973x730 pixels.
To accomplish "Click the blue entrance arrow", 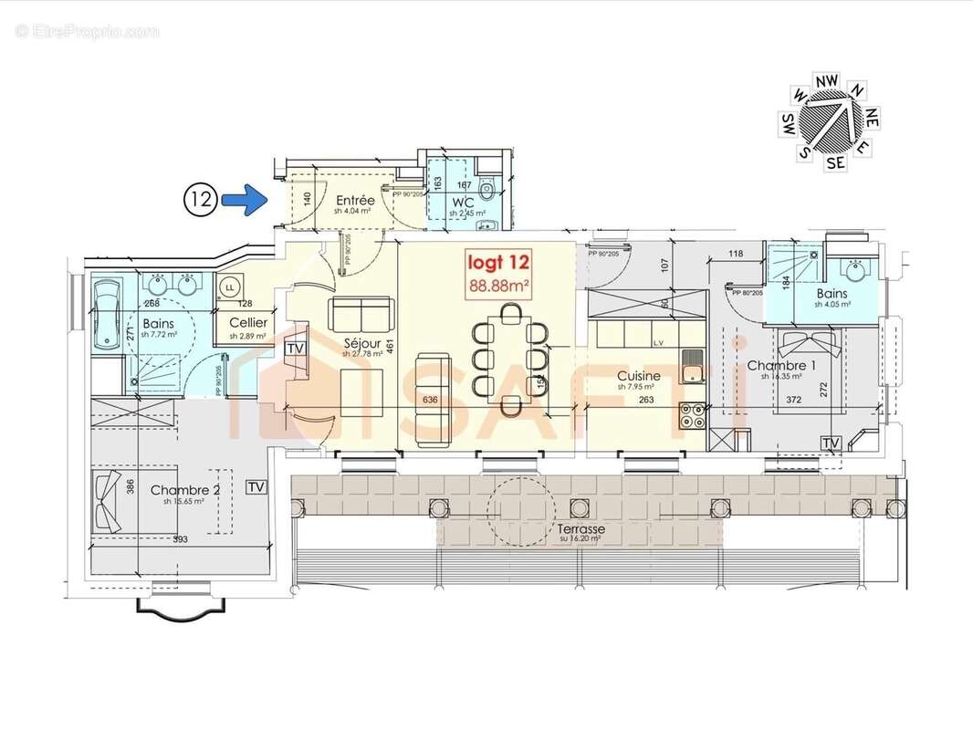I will (244, 199).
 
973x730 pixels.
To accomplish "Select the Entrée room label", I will (355, 200).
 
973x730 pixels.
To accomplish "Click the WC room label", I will (462, 201).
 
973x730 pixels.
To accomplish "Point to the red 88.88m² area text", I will (498, 285).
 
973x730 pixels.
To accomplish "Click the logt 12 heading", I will (498, 263).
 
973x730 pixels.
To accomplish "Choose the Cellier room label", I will (248, 323).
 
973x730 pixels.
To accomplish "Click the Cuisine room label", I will (638, 376).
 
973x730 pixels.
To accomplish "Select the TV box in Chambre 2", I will (256, 487).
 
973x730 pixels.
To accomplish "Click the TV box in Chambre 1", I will (831, 443).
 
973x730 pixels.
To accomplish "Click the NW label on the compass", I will (827, 80).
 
